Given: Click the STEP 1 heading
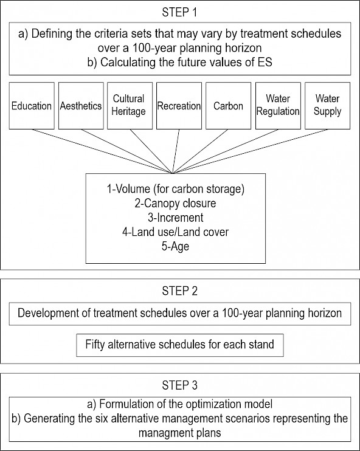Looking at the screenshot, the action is tap(179, 12).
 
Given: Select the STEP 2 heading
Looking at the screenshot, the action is tap(179, 291).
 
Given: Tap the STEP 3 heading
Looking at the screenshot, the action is tap(179, 385).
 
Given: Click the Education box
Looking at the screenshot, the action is tap(32, 106).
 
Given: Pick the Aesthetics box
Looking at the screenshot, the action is tap(81, 106).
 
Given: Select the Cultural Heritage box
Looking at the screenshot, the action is tap(130, 106).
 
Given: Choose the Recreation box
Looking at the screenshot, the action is tap(179, 106).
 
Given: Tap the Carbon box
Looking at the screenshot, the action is tap(228, 106).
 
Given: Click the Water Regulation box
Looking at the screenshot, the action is tap(278, 106).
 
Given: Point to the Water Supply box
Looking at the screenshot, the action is tap(328, 106).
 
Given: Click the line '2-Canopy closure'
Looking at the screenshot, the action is tap(175, 204).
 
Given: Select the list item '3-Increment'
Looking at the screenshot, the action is tap(176, 218).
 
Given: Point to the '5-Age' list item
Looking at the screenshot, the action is tap(175, 247).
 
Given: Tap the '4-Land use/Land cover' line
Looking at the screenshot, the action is tap(175, 232).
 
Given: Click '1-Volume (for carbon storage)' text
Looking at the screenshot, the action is tap(176, 189).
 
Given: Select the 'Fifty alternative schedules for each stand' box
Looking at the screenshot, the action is tap(180, 345).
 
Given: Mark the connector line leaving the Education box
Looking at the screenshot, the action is tap(102, 151).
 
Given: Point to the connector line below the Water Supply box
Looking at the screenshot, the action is tap(250, 151).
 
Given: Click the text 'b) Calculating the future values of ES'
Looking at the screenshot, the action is tap(180, 62).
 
